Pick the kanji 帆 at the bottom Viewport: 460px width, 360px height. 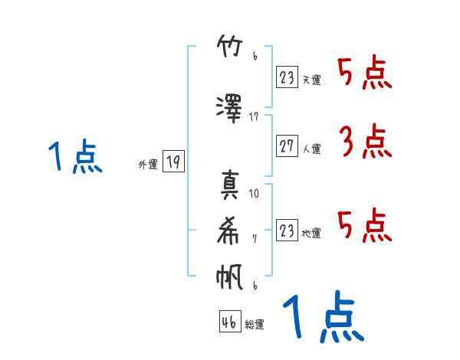230,277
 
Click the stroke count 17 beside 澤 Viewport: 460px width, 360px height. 255,117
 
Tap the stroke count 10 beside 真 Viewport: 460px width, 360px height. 255,194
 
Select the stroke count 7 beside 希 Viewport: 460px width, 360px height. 255,239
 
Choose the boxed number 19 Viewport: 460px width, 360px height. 173,162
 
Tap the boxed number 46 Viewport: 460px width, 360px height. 228,322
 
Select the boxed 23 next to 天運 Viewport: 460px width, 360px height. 287,78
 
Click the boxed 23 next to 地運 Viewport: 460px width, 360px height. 287,231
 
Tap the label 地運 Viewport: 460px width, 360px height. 311,234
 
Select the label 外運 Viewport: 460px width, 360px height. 147,164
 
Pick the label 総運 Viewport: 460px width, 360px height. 254,325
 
